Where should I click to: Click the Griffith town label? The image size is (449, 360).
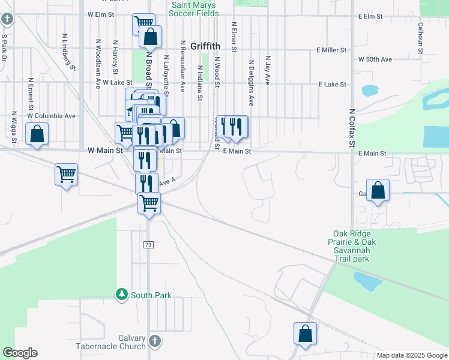coord(205,46)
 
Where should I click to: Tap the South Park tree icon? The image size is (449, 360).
coord(122,294)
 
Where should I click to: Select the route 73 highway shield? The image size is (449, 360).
coord(148,245)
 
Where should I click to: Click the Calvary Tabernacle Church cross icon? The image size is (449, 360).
coord(154,341)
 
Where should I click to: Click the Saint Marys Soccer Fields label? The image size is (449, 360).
coord(193,8)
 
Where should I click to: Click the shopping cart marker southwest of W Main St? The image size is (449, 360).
coord(66,175)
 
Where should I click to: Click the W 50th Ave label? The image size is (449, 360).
coord(375,59)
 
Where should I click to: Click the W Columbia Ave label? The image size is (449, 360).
coord(52,115)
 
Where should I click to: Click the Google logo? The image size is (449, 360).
coord(20,353)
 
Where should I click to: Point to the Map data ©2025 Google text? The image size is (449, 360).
coord(411,355)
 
